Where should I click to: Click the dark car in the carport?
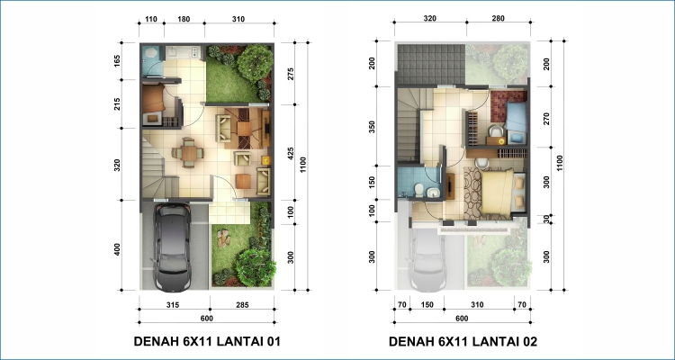173,247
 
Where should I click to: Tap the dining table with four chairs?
188,153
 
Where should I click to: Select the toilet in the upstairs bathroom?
417,190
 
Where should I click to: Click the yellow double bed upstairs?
497,192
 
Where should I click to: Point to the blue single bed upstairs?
516,116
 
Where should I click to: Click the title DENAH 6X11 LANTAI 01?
207,341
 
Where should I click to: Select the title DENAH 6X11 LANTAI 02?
463,342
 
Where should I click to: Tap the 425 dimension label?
291,154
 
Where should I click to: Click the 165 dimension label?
117,61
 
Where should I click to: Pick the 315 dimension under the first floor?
172,305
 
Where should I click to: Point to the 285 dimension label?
241,305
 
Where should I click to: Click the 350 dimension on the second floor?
373,128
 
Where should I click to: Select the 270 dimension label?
546,119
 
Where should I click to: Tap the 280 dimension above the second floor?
497,19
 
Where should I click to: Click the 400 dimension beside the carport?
117,249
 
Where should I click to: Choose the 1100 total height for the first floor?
303,165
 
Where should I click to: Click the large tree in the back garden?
256,63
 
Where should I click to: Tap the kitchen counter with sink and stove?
183,52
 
